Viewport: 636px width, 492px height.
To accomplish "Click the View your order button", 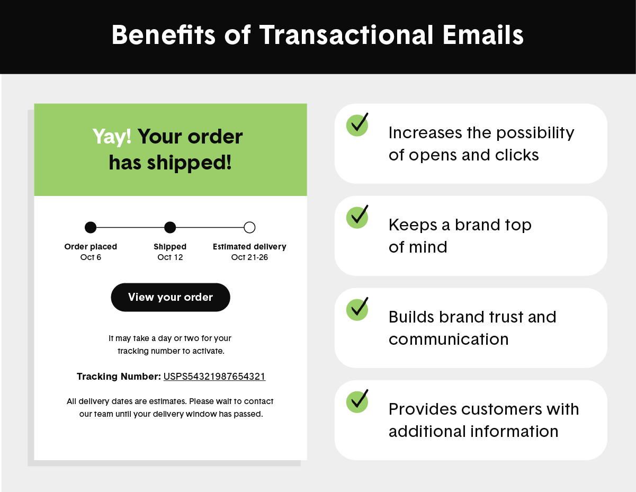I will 170,297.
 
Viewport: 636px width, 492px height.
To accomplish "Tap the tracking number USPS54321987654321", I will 214,377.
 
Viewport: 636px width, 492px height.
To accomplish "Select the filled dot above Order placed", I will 91,228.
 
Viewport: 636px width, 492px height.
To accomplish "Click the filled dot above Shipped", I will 170,228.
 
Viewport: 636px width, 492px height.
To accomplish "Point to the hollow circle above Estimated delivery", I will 249,228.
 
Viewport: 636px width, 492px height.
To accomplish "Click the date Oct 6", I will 91,257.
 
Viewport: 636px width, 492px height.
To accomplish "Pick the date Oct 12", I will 170,257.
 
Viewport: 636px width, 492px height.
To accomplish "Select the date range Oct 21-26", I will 249,257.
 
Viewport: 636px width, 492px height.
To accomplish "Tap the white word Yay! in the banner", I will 112,137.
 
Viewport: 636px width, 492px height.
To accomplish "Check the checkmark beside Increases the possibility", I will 358,124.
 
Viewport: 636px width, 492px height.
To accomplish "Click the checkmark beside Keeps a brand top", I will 358,217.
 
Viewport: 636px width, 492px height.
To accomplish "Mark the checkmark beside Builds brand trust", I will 358,309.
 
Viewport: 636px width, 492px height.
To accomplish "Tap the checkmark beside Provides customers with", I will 358,401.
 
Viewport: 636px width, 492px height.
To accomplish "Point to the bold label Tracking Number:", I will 119,377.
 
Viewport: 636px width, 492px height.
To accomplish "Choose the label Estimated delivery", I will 249,247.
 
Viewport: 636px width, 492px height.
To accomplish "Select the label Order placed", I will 91,247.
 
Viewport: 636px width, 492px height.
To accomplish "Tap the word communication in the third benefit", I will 449,339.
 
